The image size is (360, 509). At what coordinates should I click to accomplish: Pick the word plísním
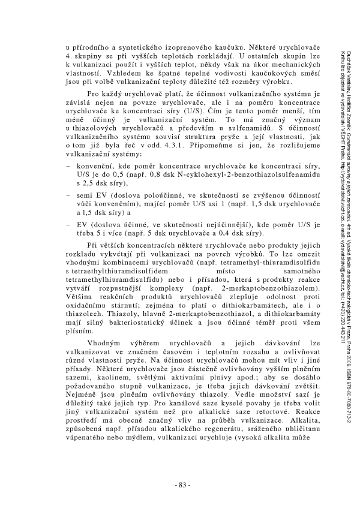pos(80,323)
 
